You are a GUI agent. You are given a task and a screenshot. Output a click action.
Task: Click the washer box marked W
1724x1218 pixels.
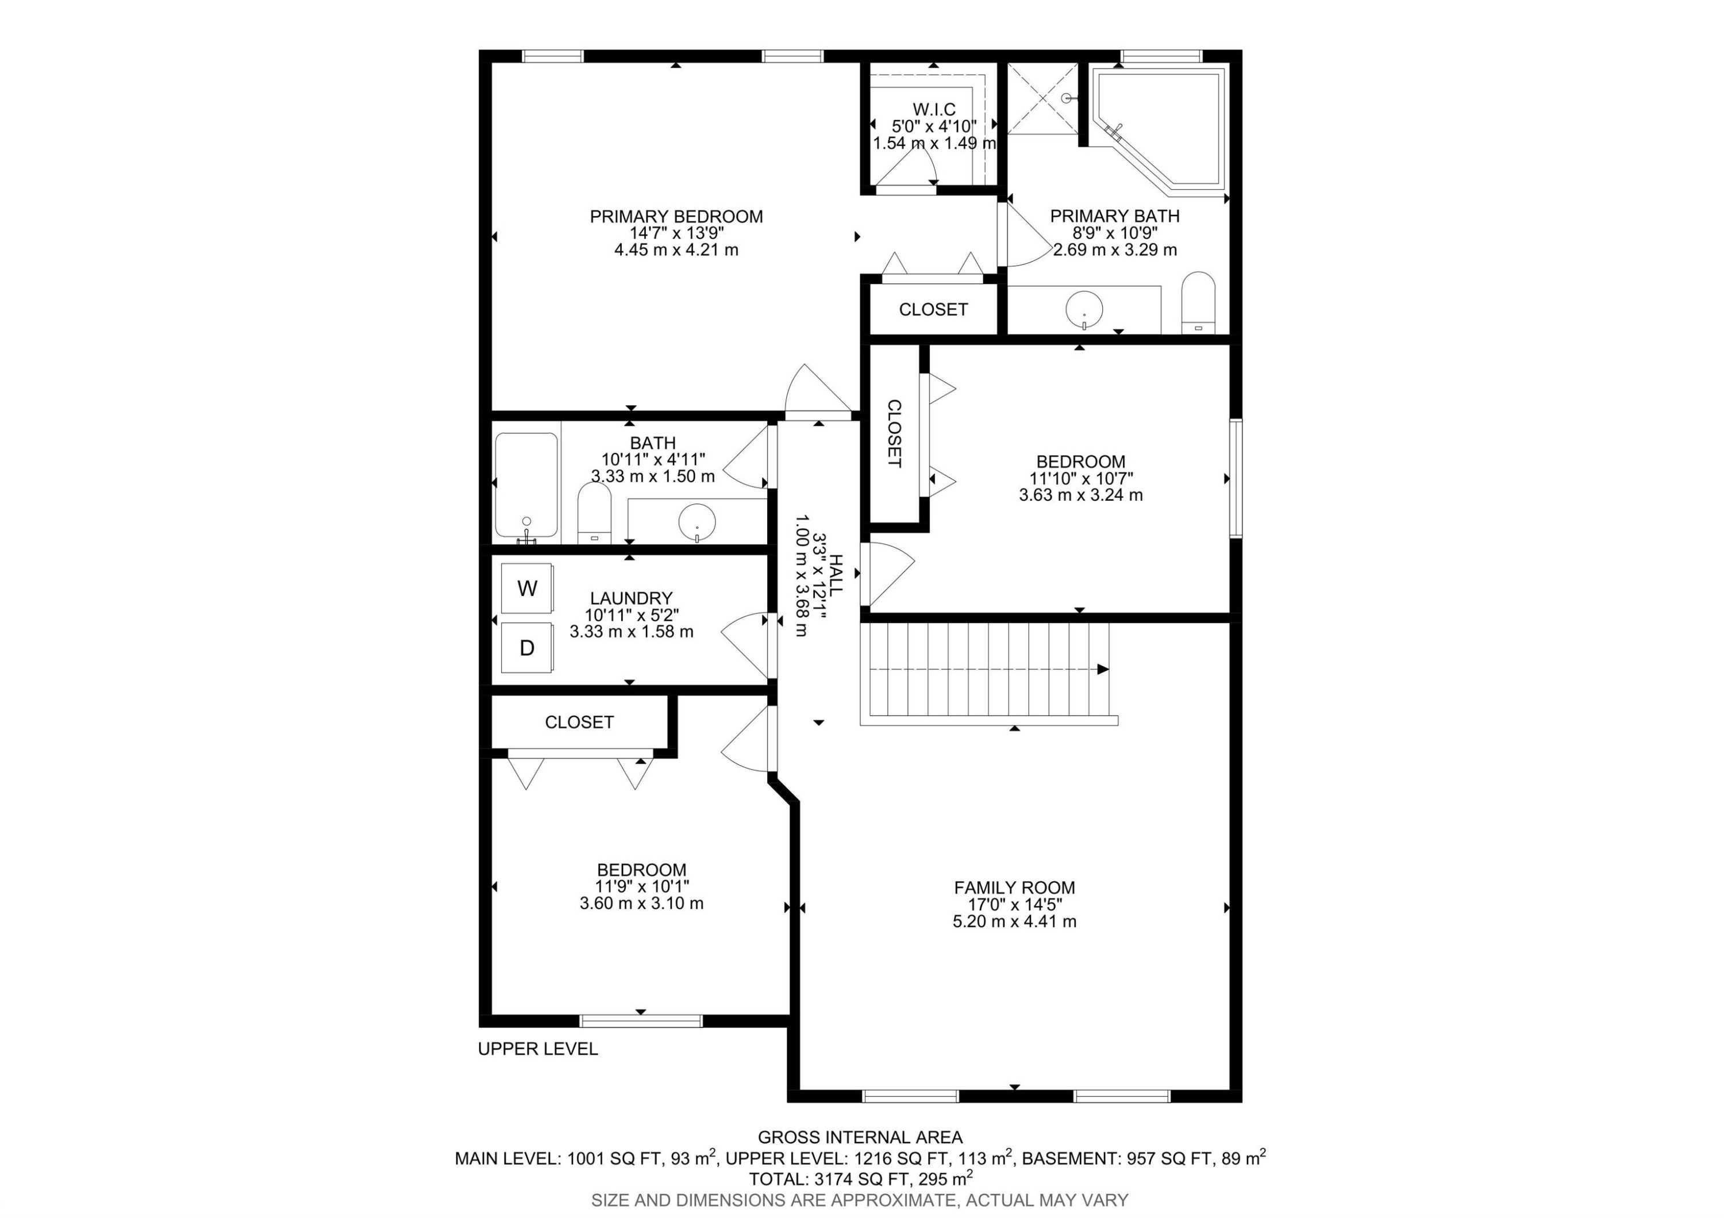click(x=527, y=588)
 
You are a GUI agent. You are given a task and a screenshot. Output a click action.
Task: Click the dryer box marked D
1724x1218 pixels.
click(x=527, y=648)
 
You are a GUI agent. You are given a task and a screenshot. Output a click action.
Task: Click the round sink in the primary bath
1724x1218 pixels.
click(x=1084, y=308)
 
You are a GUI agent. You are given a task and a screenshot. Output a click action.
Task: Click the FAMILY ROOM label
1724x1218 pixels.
click(x=1014, y=887)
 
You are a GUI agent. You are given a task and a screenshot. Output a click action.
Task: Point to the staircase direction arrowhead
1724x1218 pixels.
click(x=1102, y=670)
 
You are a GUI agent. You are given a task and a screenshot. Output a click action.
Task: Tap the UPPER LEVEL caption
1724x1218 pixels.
click(x=538, y=1049)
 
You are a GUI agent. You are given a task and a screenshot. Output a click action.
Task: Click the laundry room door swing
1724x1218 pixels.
click(x=744, y=642)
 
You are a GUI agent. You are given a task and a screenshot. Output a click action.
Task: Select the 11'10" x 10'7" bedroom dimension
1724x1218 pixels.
click(x=1080, y=478)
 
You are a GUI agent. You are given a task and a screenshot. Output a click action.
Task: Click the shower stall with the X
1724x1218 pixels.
click(x=1041, y=98)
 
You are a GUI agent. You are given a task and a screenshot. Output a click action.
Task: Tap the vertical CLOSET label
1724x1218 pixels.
click(x=894, y=433)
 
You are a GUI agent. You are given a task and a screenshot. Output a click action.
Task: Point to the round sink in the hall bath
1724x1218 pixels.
click(x=697, y=520)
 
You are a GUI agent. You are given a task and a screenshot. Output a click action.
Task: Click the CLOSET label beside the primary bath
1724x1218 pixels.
click(x=933, y=309)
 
